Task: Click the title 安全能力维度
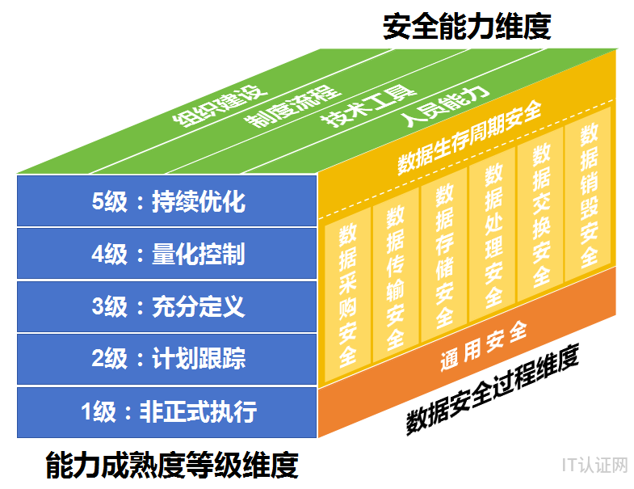(x=467, y=27)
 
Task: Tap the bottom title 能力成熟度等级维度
(x=172, y=465)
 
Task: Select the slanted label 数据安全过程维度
(x=493, y=389)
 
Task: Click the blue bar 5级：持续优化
(x=166, y=200)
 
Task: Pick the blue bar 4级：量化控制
(x=166, y=254)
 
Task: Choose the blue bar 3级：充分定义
(x=166, y=306)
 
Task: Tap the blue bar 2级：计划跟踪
(x=166, y=359)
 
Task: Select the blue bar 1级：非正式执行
(x=166, y=412)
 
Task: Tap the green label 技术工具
(x=369, y=105)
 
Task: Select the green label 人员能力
(x=444, y=106)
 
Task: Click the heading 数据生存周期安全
(x=469, y=137)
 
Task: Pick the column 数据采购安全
(x=348, y=295)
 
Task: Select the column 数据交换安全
(x=540, y=214)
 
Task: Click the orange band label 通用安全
(x=484, y=346)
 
